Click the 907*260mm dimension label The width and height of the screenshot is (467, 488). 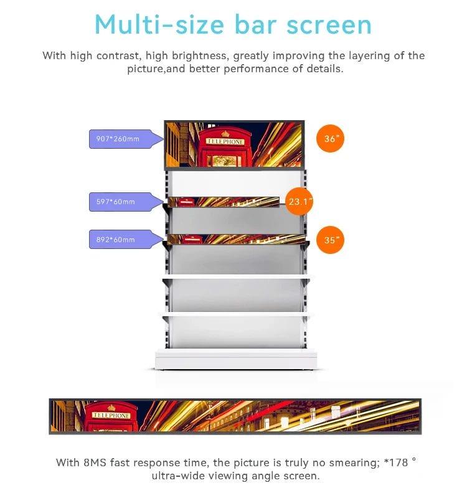tap(118, 139)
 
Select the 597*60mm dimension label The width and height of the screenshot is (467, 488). tap(116, 202)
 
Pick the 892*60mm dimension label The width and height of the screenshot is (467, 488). tap(116, 240)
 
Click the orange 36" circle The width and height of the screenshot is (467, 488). tap(330, 139)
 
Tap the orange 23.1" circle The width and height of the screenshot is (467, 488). tap(299, 202)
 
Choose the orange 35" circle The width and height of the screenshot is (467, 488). tap(330, 240)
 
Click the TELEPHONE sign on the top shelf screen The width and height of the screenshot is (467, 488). tap(225, 142)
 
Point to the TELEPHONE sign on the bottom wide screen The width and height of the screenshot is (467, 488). tap(111, 416)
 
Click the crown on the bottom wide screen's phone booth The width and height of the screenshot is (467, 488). tap(111, 407)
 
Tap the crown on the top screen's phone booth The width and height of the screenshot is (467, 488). tap(225, 134)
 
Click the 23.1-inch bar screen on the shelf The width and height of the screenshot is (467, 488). tap(224, 202)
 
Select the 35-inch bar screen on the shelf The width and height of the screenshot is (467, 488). tap(237, 239)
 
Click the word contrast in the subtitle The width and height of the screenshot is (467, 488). tap(117, 56)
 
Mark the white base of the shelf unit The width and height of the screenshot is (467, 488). tap(236, 360)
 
